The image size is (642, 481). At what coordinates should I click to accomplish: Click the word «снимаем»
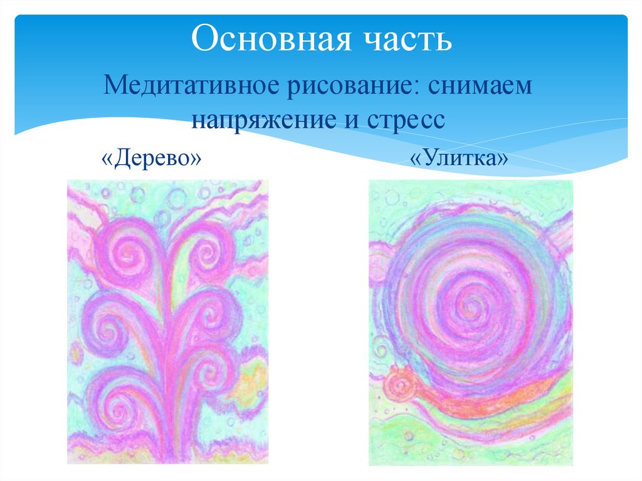480,85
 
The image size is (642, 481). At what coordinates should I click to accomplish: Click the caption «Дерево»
150,157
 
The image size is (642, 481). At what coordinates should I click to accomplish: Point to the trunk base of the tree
168,433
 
